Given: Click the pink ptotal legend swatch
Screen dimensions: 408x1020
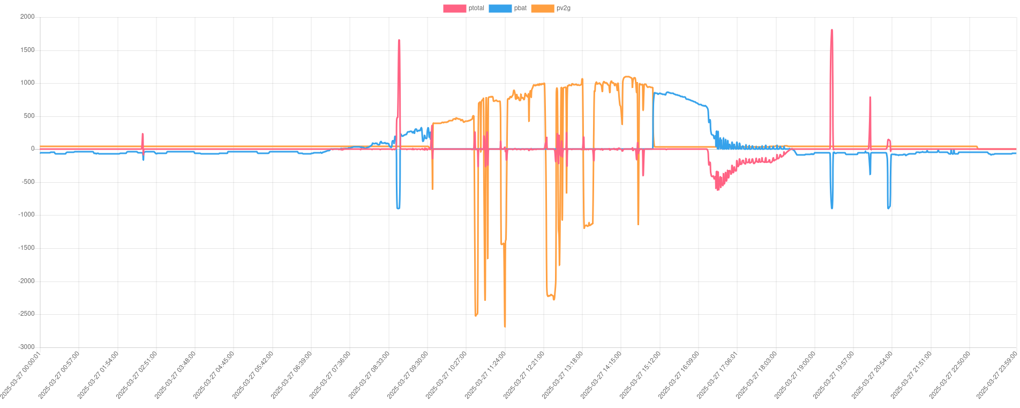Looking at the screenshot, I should click(x=454, y=9).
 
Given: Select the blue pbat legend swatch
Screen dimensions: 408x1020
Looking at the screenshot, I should click(x=500, y=9).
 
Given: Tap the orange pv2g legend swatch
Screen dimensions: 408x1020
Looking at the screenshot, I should click(x=542, y=9).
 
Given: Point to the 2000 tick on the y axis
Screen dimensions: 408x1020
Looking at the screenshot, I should click(x=27, y=17).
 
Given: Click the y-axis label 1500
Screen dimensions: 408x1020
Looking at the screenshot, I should click(x=27, y=50).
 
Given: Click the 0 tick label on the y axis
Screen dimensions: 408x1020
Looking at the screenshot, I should click(x=32, y=149).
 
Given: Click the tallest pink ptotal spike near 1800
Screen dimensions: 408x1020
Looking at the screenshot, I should click(x=831, y=31).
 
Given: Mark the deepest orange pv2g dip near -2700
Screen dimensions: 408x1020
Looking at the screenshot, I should click(x=505, y=325).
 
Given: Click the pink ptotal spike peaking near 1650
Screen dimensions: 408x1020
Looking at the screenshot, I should click(x=399, y=41).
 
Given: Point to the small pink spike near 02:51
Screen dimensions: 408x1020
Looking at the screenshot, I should click(x=142, y=135).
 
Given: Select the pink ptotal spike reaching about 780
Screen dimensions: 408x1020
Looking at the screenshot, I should click(x=870, y=98).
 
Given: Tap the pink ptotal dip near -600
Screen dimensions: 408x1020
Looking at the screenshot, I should click(x=717, y=188).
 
